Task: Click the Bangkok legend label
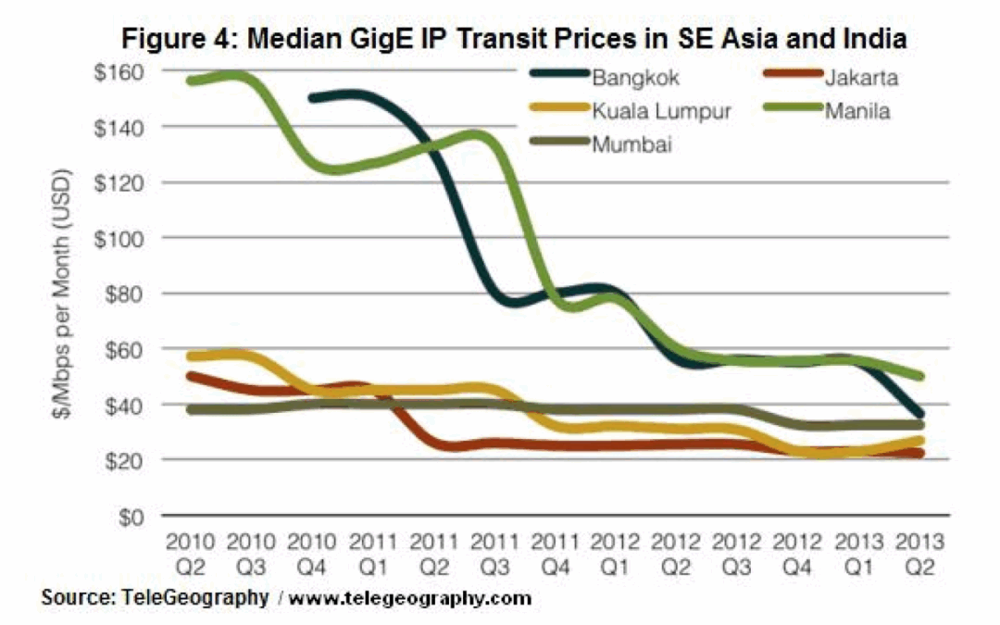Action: pos(636,78)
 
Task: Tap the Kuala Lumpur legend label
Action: pos(661,112)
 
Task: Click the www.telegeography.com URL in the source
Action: pos(410,599)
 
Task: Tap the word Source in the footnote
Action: pos(71,599)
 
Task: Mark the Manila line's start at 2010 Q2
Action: pos(191,81)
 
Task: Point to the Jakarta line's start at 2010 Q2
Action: pos(191,376)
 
